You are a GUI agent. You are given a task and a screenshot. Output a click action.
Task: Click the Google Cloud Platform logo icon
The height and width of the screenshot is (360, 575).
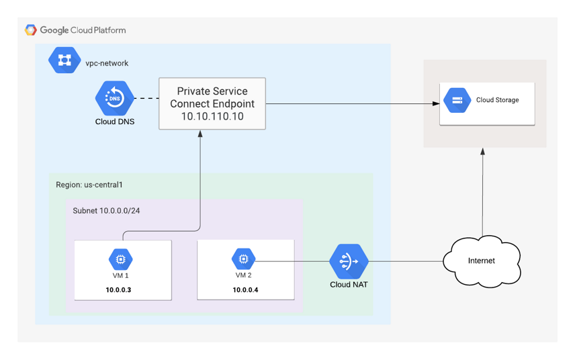coord(31,30)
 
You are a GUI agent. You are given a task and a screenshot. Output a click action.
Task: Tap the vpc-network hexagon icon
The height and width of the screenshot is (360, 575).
coord(64,61)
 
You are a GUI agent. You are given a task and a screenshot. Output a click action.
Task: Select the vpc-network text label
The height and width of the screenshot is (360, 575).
coord(107,63)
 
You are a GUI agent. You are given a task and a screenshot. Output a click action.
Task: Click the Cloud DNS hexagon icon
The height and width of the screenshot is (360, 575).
coord(114,98)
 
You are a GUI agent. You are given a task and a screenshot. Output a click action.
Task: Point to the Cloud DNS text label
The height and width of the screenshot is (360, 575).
coord(114,122)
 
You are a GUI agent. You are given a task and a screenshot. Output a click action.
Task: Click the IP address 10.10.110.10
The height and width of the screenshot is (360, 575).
coord(212,116)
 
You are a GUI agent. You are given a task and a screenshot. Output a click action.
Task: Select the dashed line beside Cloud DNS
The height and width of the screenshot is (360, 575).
coord(146,98)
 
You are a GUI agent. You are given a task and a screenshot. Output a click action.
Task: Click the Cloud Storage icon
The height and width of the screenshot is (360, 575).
coord(457,101)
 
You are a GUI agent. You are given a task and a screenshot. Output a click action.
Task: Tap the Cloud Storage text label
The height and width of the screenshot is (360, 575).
coord(497,100)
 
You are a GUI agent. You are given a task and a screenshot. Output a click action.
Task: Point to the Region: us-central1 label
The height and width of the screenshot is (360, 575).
coord(89,185)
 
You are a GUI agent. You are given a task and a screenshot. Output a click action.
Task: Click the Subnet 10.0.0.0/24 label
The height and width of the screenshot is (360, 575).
coord(106,211)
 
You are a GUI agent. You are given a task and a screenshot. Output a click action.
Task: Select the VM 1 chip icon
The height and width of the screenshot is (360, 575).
coord(121,259)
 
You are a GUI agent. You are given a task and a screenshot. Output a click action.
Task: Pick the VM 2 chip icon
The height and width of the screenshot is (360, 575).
coord(243,259)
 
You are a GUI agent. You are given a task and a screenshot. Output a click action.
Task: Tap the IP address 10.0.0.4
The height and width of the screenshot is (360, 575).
coord(245,290)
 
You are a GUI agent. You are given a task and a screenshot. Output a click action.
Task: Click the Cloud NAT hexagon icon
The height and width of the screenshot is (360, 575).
coord(349,261)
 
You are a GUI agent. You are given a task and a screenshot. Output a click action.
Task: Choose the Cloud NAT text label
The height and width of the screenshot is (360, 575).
coord(349,285)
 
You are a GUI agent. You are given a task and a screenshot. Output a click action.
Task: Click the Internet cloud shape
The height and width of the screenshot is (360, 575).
coord(481,260)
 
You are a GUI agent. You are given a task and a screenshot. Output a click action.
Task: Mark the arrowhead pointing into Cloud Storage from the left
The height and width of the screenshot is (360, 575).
coord(436,103)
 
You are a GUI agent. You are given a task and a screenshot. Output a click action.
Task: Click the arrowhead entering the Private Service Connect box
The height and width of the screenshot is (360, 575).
coord(200,134)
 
